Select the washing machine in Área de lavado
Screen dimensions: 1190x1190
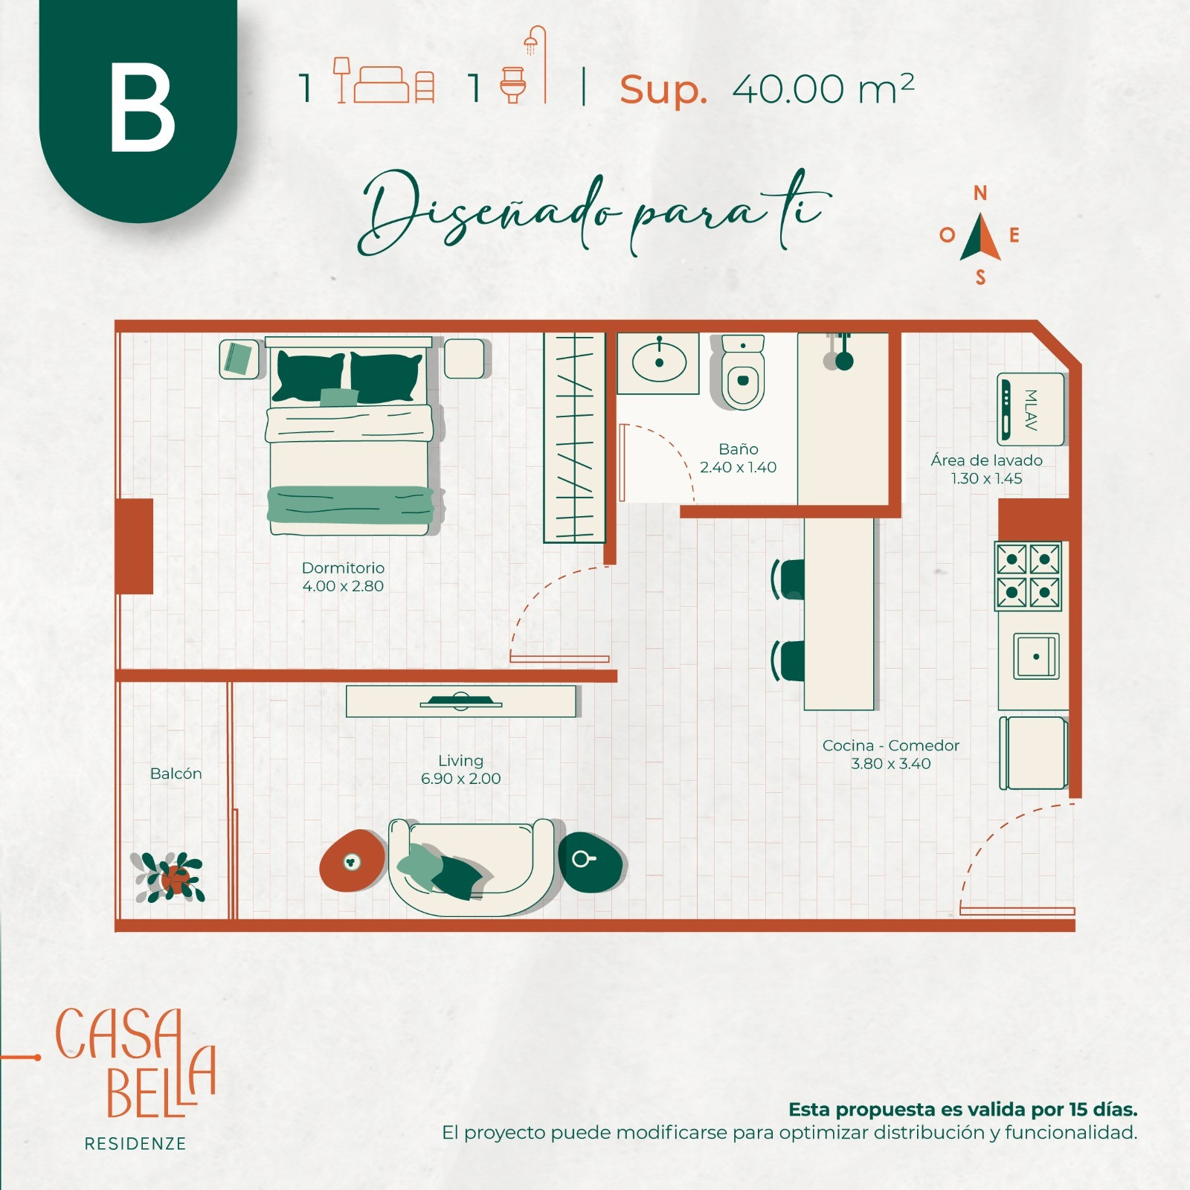1030,409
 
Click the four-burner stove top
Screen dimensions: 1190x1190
1028,576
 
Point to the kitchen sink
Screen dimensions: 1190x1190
1036,656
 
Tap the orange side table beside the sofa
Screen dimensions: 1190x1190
353,861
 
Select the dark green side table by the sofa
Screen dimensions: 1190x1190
591,862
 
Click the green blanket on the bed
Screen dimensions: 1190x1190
350,504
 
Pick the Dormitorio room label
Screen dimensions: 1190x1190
343,567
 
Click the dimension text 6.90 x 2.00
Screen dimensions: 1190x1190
460,779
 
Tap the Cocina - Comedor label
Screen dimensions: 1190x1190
890,745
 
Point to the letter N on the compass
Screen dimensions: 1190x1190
980,193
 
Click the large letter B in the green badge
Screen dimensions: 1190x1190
142,107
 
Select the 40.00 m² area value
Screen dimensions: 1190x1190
823,89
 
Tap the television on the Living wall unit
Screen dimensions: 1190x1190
460,701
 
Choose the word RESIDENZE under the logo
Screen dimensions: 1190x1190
135,1144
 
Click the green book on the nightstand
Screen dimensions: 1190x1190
239,359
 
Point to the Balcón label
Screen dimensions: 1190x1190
176,773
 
